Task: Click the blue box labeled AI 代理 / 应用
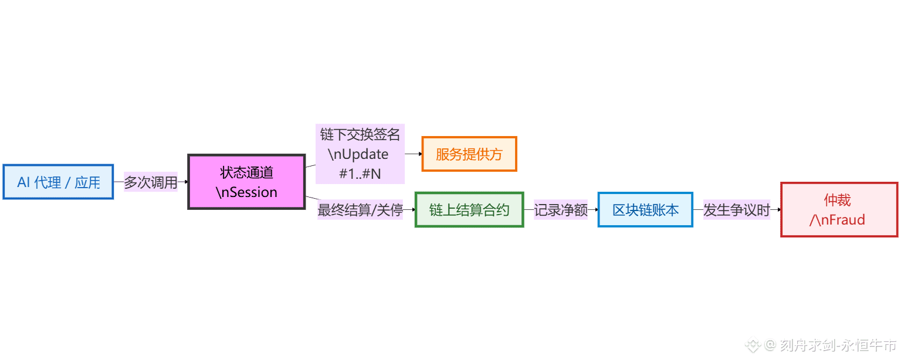[58, 182]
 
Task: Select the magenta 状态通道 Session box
[246, 182]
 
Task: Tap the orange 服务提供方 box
[469, 154]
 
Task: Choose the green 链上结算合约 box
[469, 210]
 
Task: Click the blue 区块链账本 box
[645, 210]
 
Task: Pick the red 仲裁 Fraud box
[839, 210]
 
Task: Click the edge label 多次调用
[151, 182]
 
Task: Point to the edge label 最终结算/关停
[360, 210]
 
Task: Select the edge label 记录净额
[561, 210]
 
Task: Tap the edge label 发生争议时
[737, 210]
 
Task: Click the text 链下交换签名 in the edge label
[360, 135]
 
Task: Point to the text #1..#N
[360, 174]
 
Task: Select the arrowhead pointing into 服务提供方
[419, 154]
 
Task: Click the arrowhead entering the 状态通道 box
[186, 182]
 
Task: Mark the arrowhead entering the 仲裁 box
[778, 210]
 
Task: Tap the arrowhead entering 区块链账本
[596, 210]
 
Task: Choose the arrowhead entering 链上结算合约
[413, 210]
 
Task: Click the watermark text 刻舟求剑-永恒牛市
[838, 345]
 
